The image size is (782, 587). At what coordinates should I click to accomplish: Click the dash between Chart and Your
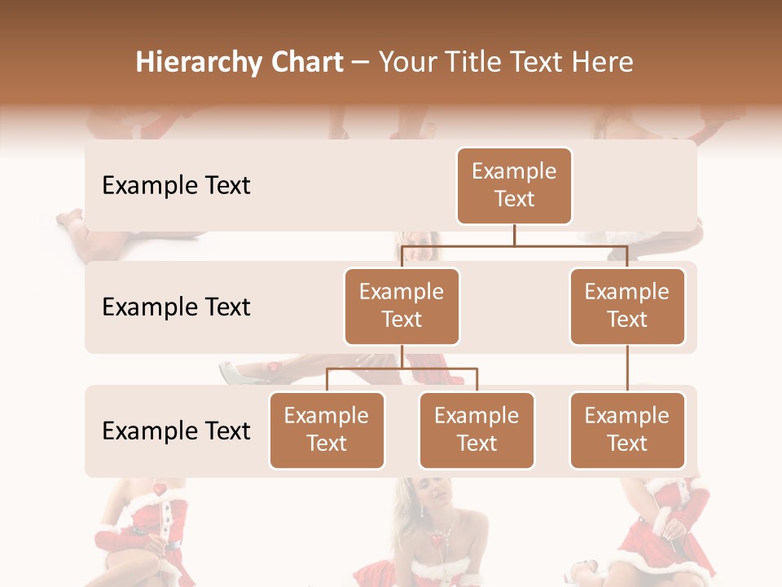361,63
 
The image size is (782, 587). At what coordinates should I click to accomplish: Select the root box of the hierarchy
514,185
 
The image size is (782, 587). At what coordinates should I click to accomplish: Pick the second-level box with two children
402,306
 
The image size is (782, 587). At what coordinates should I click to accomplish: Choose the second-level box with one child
627,306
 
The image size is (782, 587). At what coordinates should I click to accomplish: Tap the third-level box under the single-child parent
627,430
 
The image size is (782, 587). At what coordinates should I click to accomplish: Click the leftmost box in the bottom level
327,430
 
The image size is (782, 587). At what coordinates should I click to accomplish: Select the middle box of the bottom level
477,430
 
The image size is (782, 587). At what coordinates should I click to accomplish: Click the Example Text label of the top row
176,185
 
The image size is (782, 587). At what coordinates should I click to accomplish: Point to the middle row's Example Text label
176,307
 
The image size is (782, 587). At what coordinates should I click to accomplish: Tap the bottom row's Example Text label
176,430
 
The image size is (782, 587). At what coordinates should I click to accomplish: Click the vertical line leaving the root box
514,235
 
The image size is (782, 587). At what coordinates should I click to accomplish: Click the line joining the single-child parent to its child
627,369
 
